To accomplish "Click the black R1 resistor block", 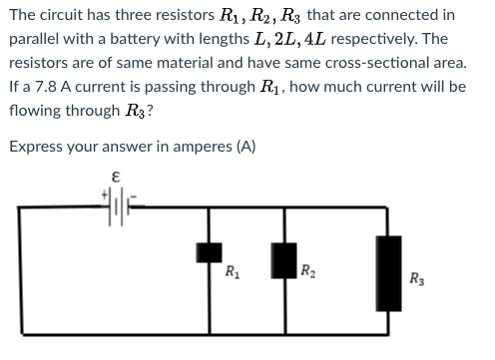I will tap(210, 255).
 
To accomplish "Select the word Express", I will tap(36, 147).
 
